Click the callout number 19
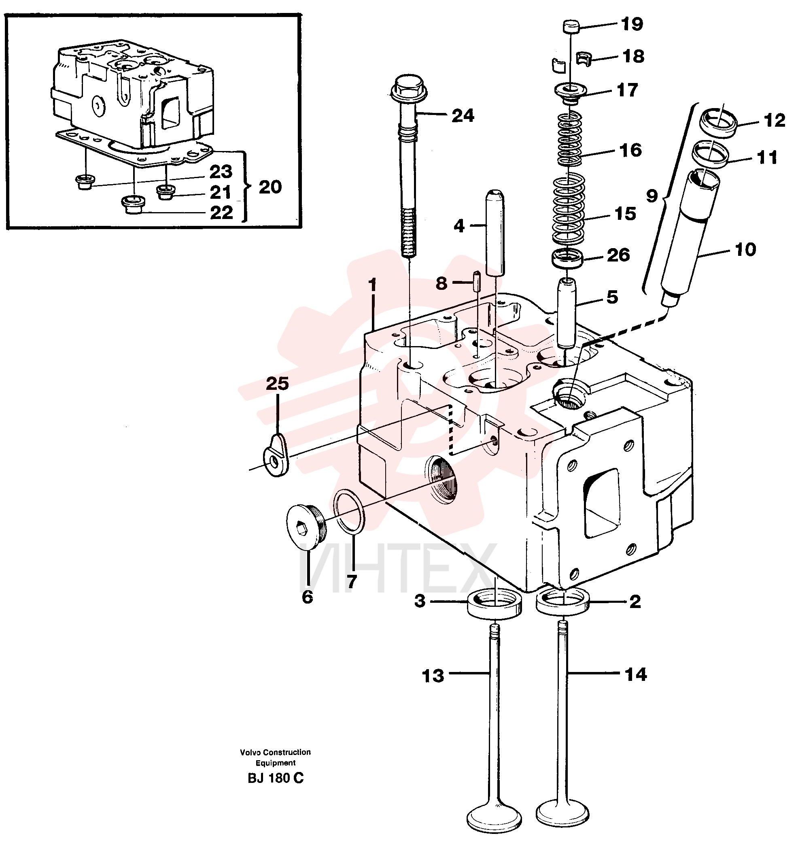click(632, 24)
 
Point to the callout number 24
click(463, 115)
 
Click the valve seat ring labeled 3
click(495, 604)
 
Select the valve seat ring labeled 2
click(563, 602)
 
